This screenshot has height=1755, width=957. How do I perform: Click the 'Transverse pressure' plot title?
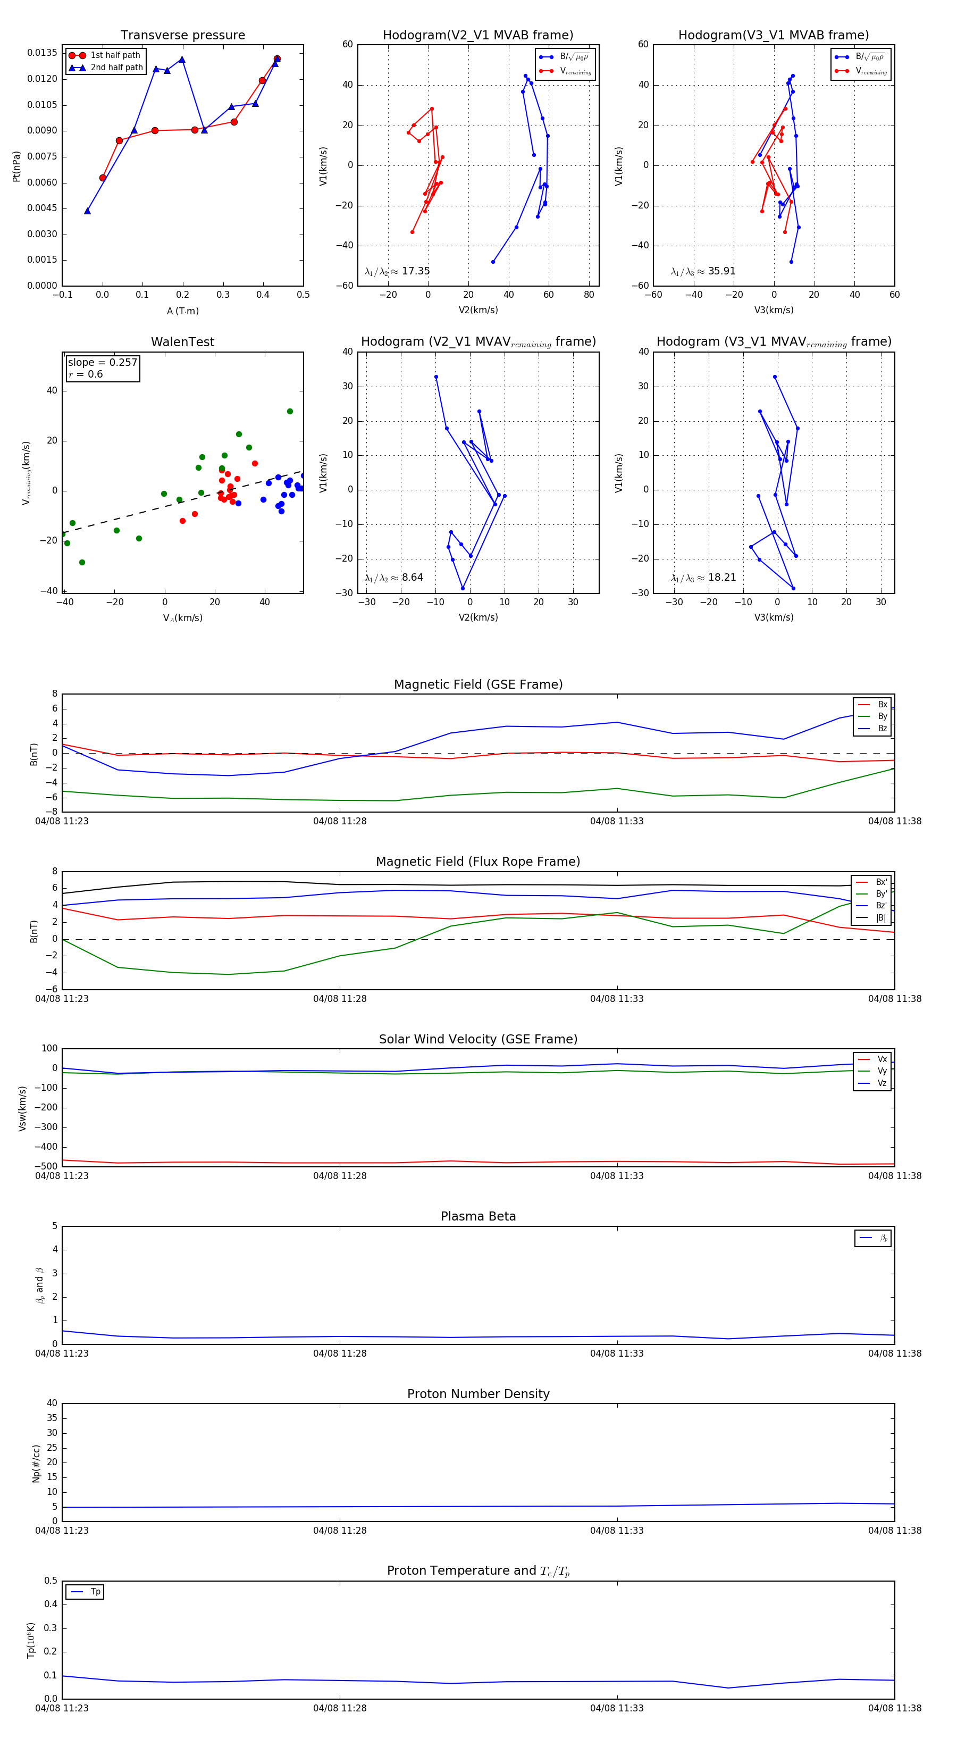(182, 36)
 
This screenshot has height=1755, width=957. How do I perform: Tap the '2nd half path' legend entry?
(116, 68)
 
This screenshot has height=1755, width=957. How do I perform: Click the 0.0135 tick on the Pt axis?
(42, 53)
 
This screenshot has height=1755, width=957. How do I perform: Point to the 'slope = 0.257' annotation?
(102, 363)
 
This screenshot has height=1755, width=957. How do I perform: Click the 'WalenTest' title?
(182, 342)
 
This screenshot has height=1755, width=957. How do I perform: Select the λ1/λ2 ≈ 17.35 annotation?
(397, 271)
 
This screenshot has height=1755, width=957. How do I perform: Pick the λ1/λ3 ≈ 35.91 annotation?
(703, 271)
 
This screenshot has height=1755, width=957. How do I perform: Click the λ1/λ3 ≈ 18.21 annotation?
(703, 578)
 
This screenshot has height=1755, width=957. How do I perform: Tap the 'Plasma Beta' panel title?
(478, 1217)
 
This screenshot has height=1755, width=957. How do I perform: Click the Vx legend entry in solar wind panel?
(882, 1059)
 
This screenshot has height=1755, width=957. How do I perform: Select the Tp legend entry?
(95, 1592)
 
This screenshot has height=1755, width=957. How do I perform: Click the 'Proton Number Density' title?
(478, 1394)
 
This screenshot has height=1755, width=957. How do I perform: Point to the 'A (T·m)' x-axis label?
(182, 311)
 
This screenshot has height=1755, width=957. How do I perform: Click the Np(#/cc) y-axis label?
(36, 1464)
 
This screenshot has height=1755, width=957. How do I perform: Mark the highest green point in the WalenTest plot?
(290, 412)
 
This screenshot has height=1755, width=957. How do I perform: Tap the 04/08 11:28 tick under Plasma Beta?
(340, 1353)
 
